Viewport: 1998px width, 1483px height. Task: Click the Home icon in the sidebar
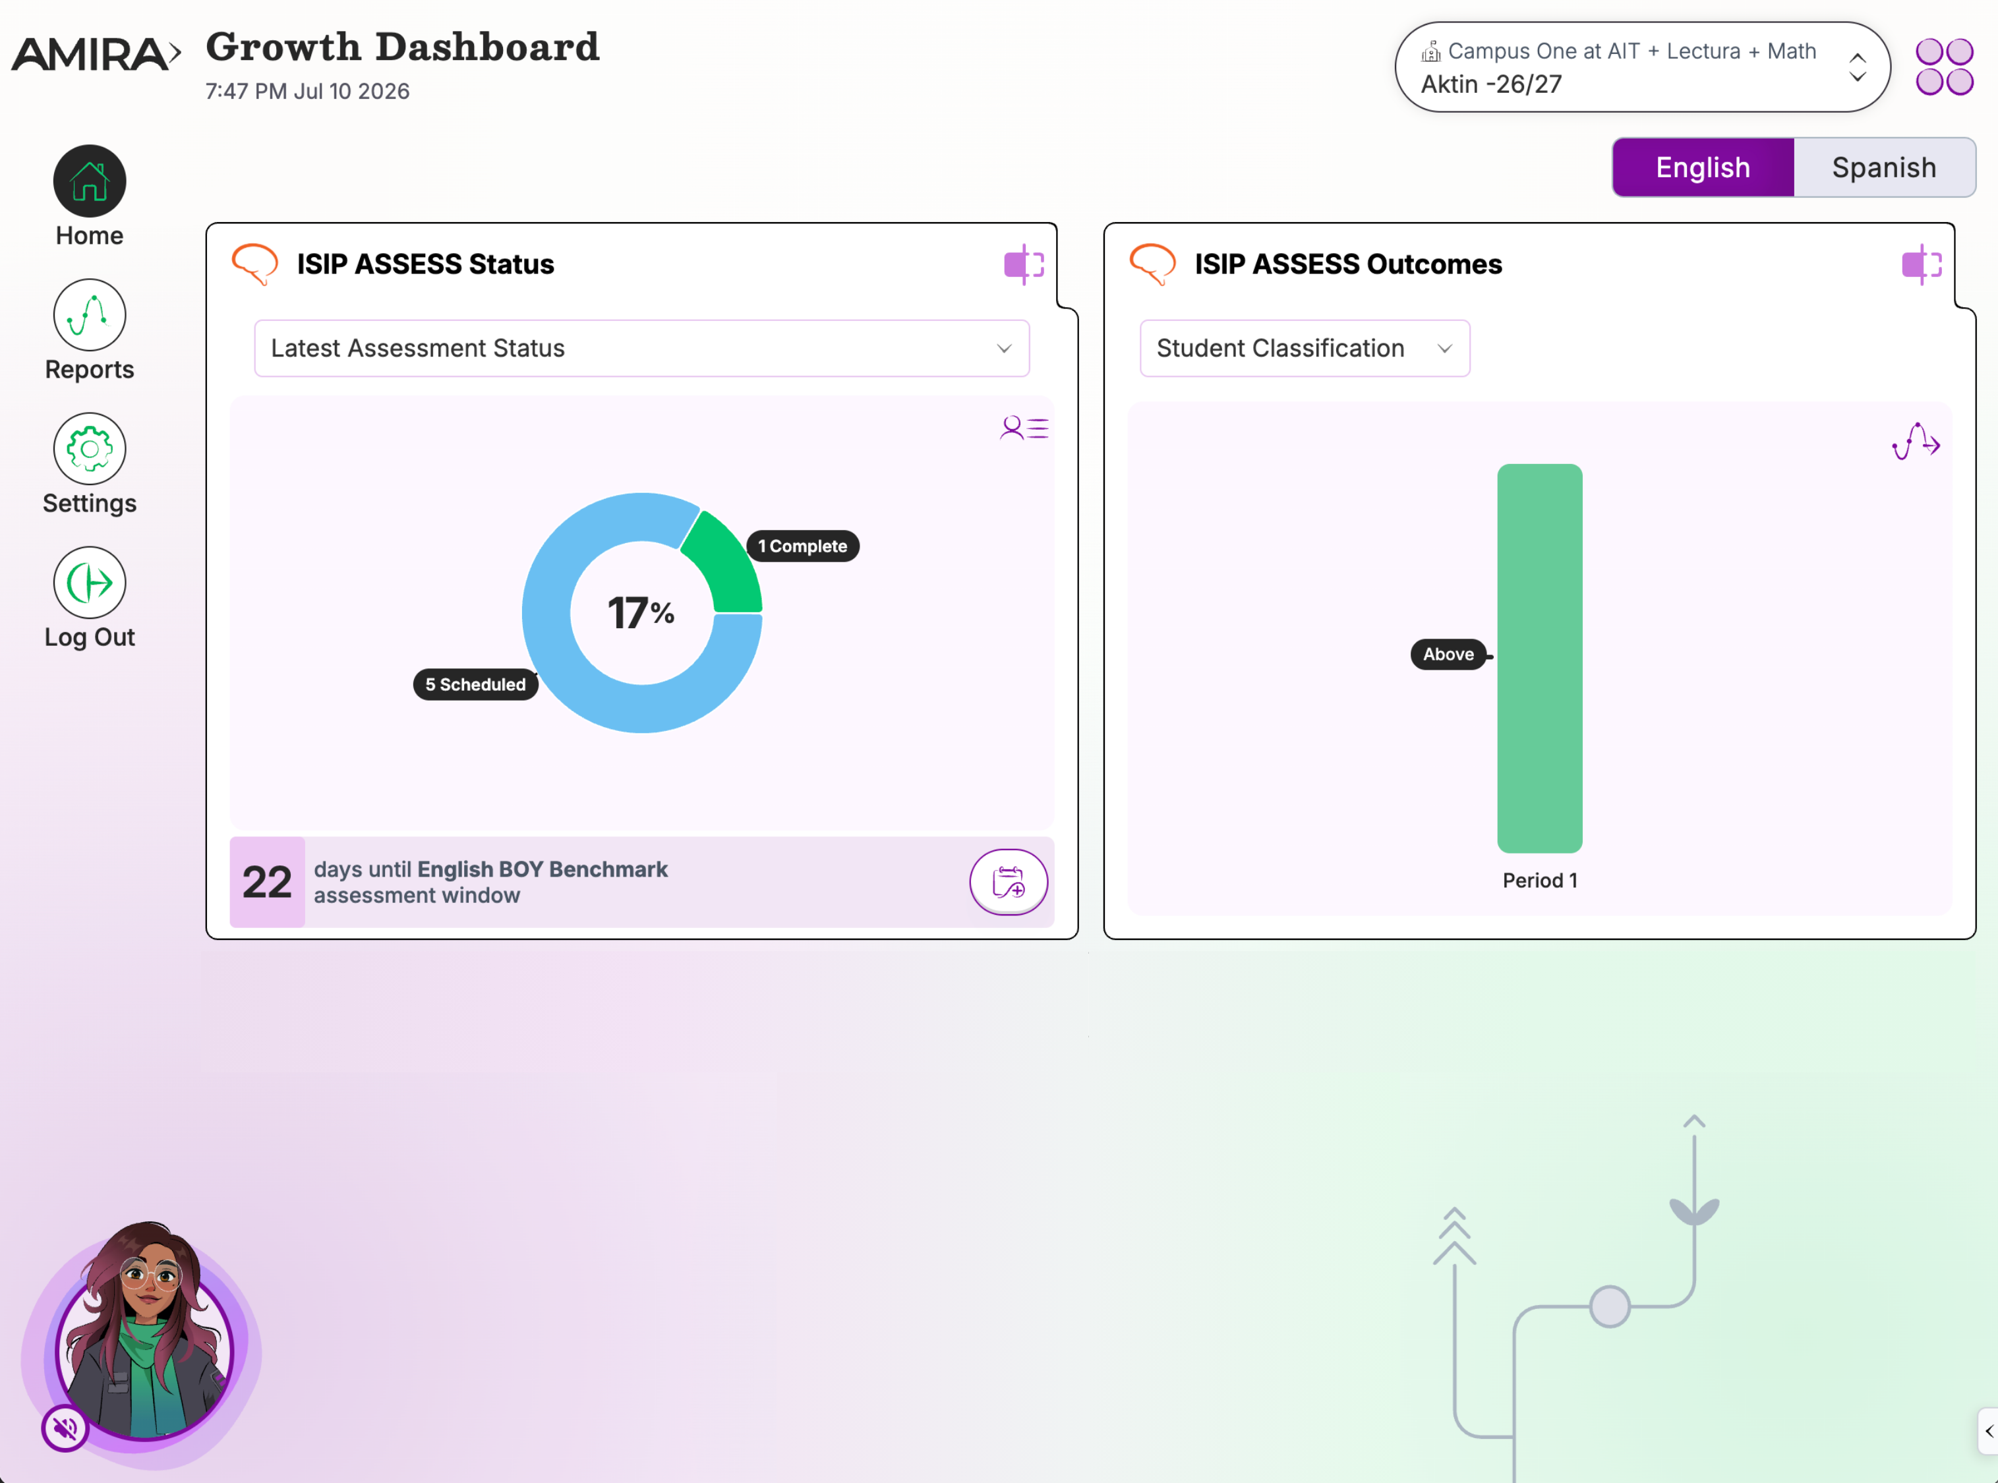pos(90,181)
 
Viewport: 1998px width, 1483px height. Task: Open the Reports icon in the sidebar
pos(90,315)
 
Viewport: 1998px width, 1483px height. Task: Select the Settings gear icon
pos(90,449)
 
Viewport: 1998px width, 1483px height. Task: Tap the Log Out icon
pos(90,583)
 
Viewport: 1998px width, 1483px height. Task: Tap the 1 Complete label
pos(802,546)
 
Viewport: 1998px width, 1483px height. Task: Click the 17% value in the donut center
pos(641,613)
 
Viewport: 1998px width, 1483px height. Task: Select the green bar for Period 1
pos(1539,658)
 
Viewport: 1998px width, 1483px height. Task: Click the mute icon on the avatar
pos(65,1428)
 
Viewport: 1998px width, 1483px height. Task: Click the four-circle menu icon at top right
pos(1944,67)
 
